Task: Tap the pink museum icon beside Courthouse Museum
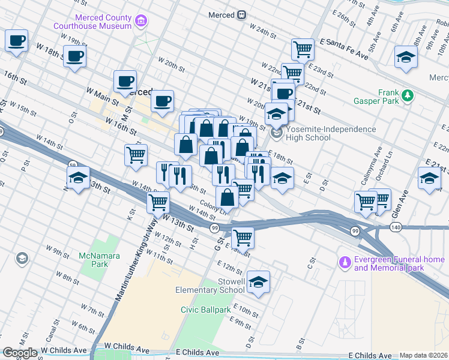coord(141,22)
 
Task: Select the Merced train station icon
coord(241,14)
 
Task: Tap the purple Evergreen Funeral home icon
coord(345,262)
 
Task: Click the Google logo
coord(19,353)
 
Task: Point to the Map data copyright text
coord(423,355)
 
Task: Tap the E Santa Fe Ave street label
coord(344,48)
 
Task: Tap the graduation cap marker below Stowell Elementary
coord(258,282)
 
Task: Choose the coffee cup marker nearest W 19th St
coord(75,57)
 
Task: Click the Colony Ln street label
coord(212,204)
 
